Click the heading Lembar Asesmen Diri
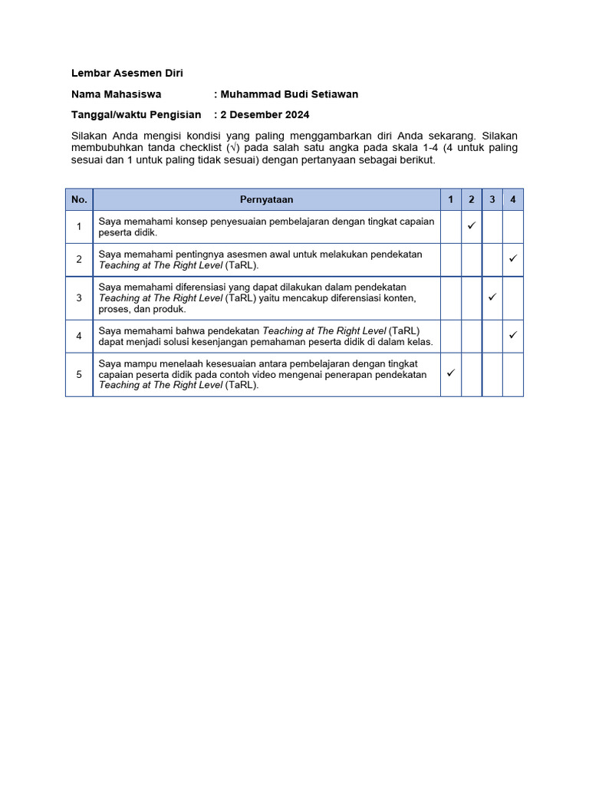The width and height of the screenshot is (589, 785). click(127, 74)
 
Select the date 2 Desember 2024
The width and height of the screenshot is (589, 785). click(265, 115)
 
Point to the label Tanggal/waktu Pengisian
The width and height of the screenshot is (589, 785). click(136, 115)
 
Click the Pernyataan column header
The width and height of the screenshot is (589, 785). click(266, 199)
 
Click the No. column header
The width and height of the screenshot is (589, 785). click(79, 199)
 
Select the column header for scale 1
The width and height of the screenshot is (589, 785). click(451, 199)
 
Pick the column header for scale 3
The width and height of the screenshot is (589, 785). click(492, 199)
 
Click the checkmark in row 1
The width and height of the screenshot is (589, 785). click(472, 226)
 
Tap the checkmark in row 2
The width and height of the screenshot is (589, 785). click(513, 259)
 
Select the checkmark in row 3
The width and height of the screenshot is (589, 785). click(492, 297)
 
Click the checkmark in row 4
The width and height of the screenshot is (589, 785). click(513, 335)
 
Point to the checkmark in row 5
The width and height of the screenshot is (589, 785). click(451, 373)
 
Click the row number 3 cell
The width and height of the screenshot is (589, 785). click(79, 297)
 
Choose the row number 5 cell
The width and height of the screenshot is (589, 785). click(79, 374)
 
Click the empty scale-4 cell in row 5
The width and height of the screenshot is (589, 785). click(513, 374)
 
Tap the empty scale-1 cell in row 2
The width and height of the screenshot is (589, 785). click(451, 259)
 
